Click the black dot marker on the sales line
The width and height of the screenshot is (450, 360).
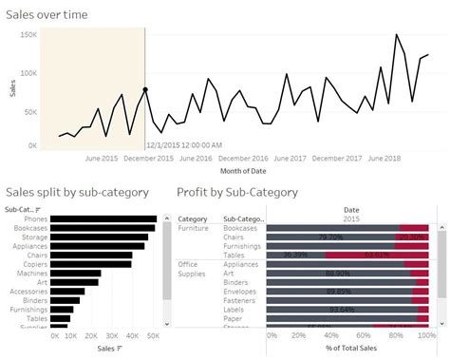pos(145,89)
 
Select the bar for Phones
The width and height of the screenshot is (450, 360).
pos(103,219)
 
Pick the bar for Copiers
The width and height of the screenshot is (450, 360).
pos(91,263)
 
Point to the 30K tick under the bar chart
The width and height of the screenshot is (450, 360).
pos(114,336)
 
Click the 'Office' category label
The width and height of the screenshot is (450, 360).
pos(188,263)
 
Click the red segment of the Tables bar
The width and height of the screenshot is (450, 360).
pos(376,255)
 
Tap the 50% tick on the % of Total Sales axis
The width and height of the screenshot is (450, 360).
pos(353,336)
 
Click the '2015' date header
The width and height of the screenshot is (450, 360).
pos(351,218)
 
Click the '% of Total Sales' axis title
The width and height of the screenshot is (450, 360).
pos(351,350)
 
